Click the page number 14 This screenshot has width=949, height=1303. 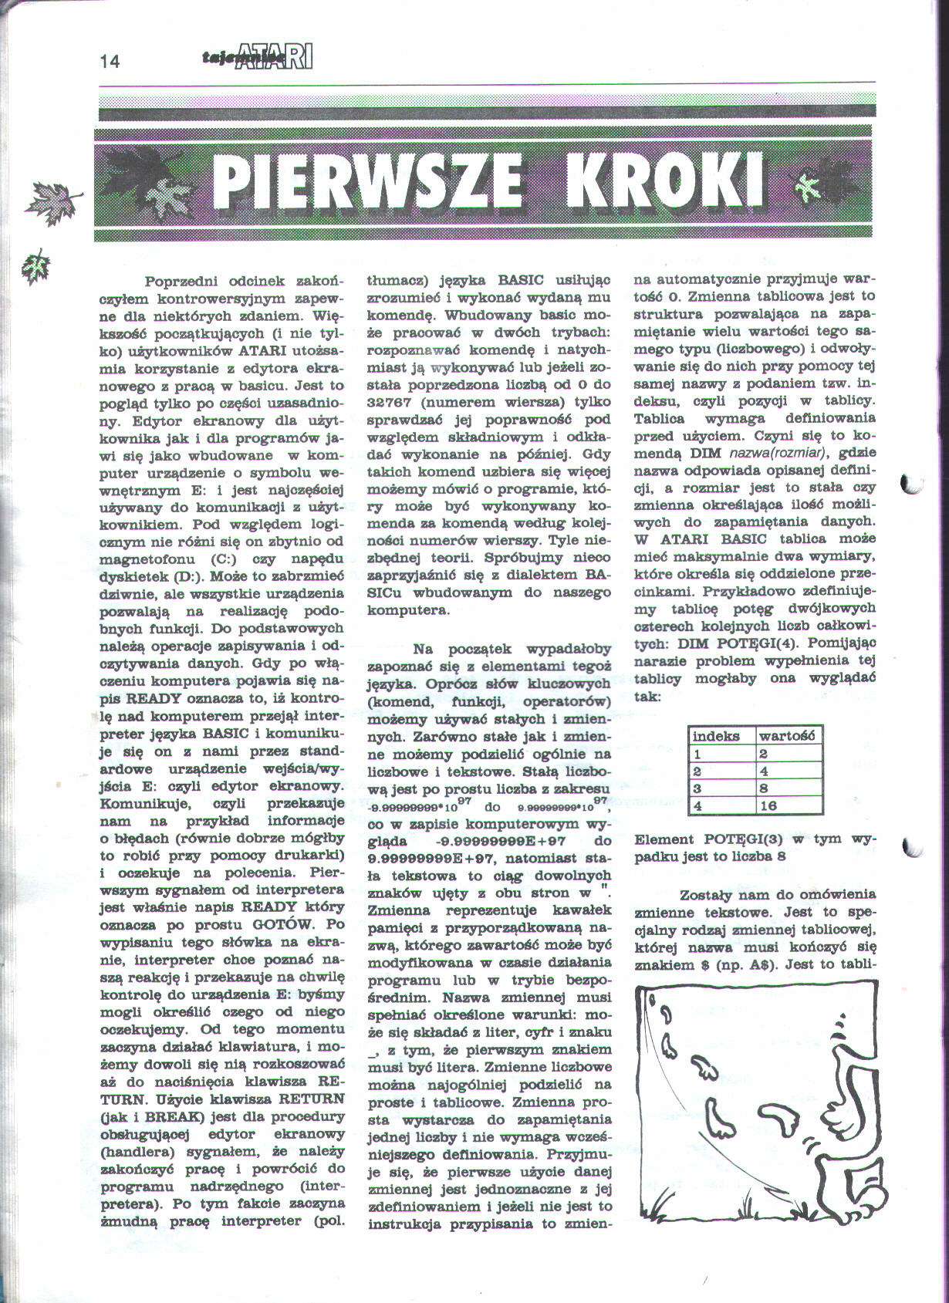coord(110,62)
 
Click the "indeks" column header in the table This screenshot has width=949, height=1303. coord(716,736)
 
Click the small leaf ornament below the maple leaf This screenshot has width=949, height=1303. coord(36,265)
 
